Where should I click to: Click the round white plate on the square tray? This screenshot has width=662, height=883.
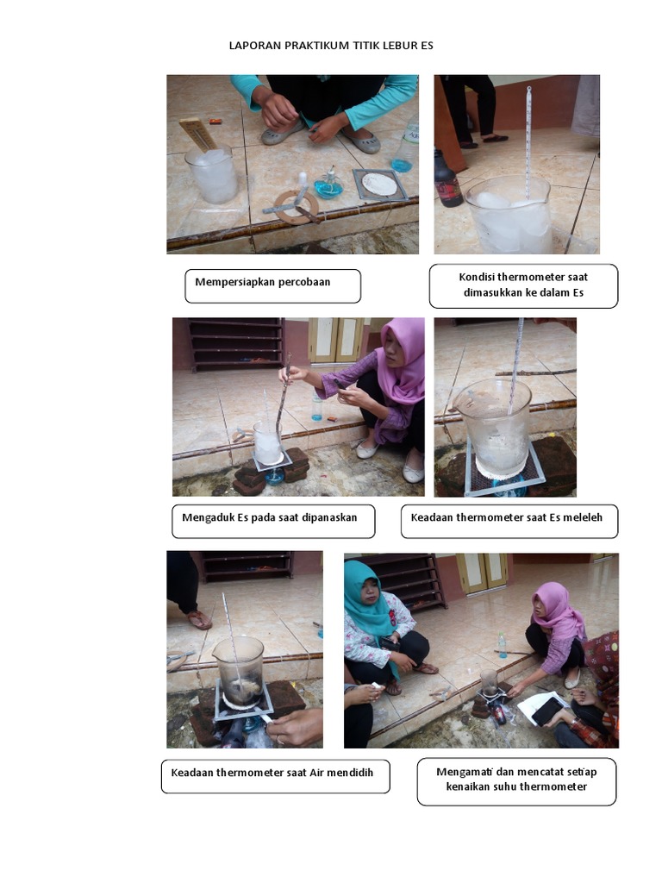tap(379, 184)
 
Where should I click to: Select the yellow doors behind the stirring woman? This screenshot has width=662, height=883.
tap(336, 340)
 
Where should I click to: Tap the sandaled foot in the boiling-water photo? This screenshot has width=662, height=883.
tap(197, 618)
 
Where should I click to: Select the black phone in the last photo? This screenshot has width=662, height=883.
tap(547, 711)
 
